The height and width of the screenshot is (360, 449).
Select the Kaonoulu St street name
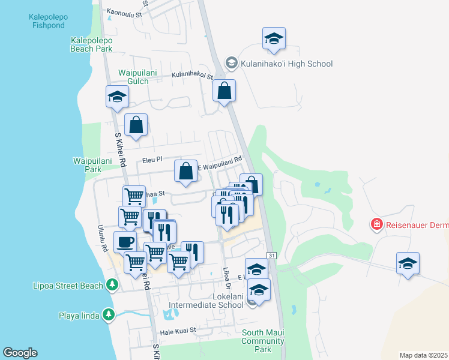coord(127,12)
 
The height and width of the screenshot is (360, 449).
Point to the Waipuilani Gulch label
coord(137,78)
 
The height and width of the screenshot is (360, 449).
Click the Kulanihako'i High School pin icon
coord(231,63)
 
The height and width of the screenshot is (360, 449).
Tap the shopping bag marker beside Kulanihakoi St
coord(224,91)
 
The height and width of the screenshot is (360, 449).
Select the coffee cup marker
coord(125,242)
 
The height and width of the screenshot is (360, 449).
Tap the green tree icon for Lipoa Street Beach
coord(111,284)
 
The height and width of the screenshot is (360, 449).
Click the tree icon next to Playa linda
coord(108,314)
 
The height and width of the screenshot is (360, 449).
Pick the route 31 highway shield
coord(272,256)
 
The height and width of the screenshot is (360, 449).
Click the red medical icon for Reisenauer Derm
coord(377,224)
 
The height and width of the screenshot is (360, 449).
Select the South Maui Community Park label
coord(263,341)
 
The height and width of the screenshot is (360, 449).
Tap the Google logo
coord(20,353)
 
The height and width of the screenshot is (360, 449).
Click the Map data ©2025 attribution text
coord(423,355)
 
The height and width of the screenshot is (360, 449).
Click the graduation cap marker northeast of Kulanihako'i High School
coord(274,38)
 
